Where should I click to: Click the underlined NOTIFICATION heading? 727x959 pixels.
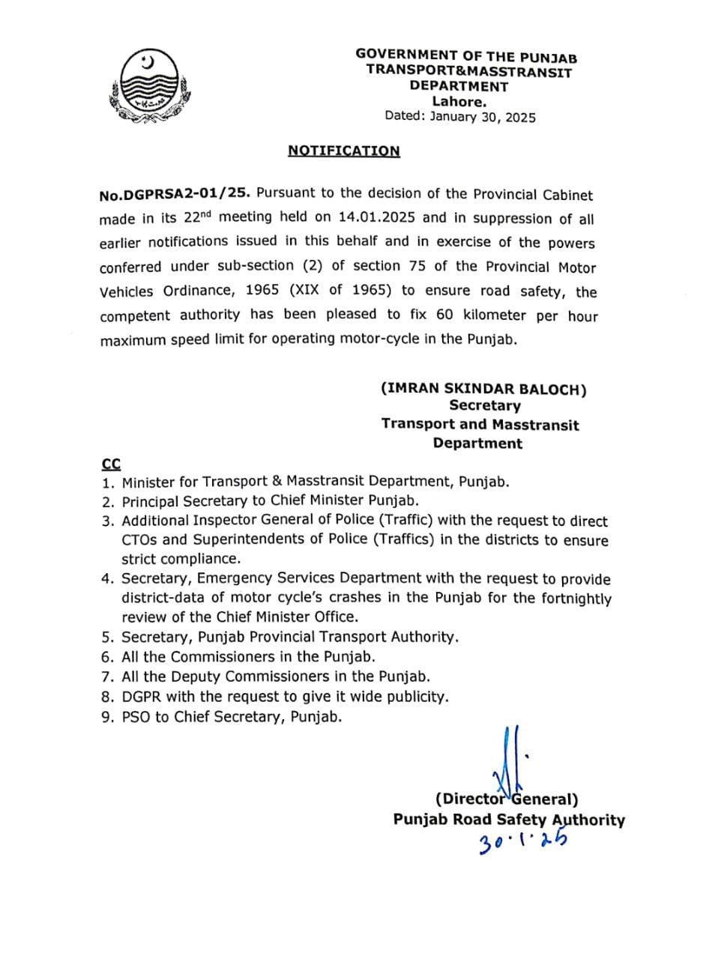343,151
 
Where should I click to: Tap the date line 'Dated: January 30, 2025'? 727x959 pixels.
459,117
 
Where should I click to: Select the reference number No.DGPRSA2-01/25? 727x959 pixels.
173,195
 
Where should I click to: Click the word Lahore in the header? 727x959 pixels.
459,102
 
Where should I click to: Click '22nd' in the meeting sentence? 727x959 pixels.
196,217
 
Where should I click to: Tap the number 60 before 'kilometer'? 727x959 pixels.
444,315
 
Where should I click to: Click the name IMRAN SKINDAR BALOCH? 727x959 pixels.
483,389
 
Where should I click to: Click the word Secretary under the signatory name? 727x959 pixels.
484,406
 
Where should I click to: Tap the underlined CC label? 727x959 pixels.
111,464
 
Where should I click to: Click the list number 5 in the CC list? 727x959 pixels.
107,638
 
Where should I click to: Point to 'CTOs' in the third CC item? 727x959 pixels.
139,540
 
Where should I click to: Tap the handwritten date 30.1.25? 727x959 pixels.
522,842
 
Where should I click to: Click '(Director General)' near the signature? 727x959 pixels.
507,799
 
